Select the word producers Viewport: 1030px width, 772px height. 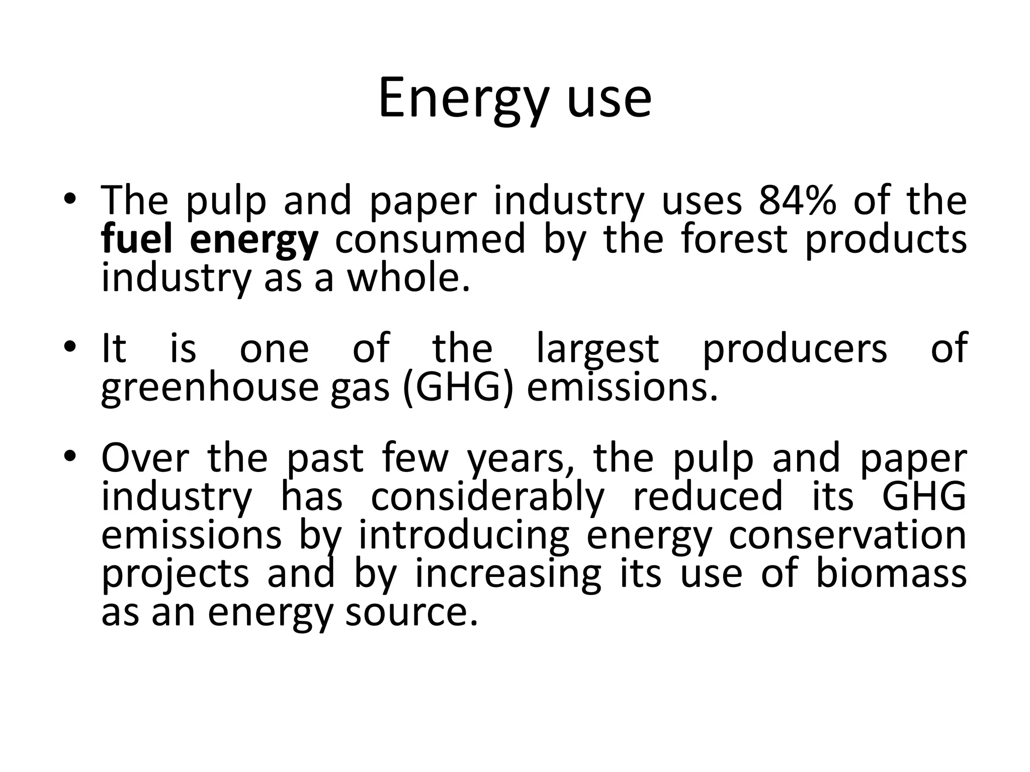click(795, 349)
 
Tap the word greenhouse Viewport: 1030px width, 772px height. click(210, 388)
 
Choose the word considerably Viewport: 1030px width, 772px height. click(487, 497)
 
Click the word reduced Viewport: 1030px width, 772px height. click(708, 496)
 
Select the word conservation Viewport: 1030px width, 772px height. click(847, 535)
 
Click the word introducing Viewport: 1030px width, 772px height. click(463, 536)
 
